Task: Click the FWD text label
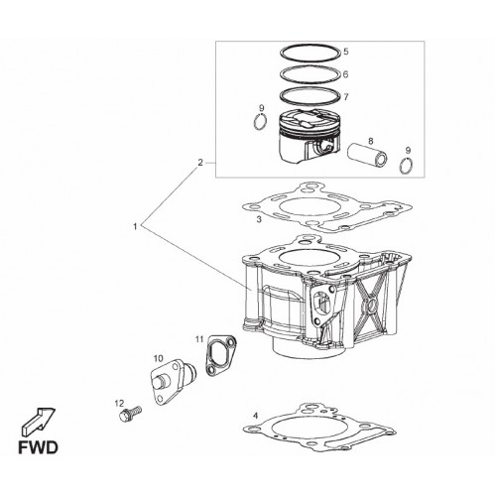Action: point(38,447)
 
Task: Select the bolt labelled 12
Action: point(130,413)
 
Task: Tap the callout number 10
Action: point(159,358)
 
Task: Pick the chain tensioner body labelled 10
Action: point(172,381)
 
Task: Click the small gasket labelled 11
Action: point(220,355)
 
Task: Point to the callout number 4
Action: point(255,416)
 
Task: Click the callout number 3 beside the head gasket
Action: point(259,219)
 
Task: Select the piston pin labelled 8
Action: point(368,156)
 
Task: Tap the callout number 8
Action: point(371,141)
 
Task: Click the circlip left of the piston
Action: point(260,122)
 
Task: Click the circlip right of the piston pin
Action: point(407,165)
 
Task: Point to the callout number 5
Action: point(346,52)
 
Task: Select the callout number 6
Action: point(346,74)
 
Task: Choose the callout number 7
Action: point(346,97)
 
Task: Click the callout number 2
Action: point(199,163)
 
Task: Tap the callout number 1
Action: point(135,226)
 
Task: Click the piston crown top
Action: point(310,119)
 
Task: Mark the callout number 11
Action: point(199,339)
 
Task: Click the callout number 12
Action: point(119,403)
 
